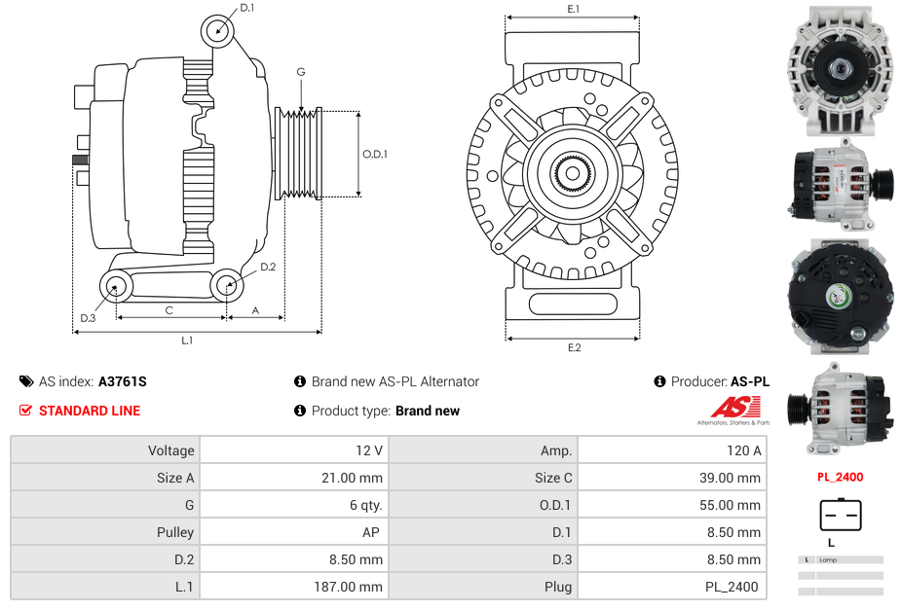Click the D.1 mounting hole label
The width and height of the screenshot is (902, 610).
point(246,8)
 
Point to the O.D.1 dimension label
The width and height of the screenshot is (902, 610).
point(375,154)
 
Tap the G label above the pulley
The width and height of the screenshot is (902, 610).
point(301,72)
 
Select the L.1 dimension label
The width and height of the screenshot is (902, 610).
point(187,341)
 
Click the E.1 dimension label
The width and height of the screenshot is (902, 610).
point(574,9)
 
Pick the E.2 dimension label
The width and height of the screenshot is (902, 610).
point(574,347)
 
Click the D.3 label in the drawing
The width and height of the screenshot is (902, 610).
point(88,318)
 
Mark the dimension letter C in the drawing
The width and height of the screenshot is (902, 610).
point(169,310)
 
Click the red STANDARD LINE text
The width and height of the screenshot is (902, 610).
point(90,411)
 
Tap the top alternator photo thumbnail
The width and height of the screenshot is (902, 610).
point(841,68)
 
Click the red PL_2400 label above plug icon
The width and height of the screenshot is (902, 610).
point(840,478)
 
